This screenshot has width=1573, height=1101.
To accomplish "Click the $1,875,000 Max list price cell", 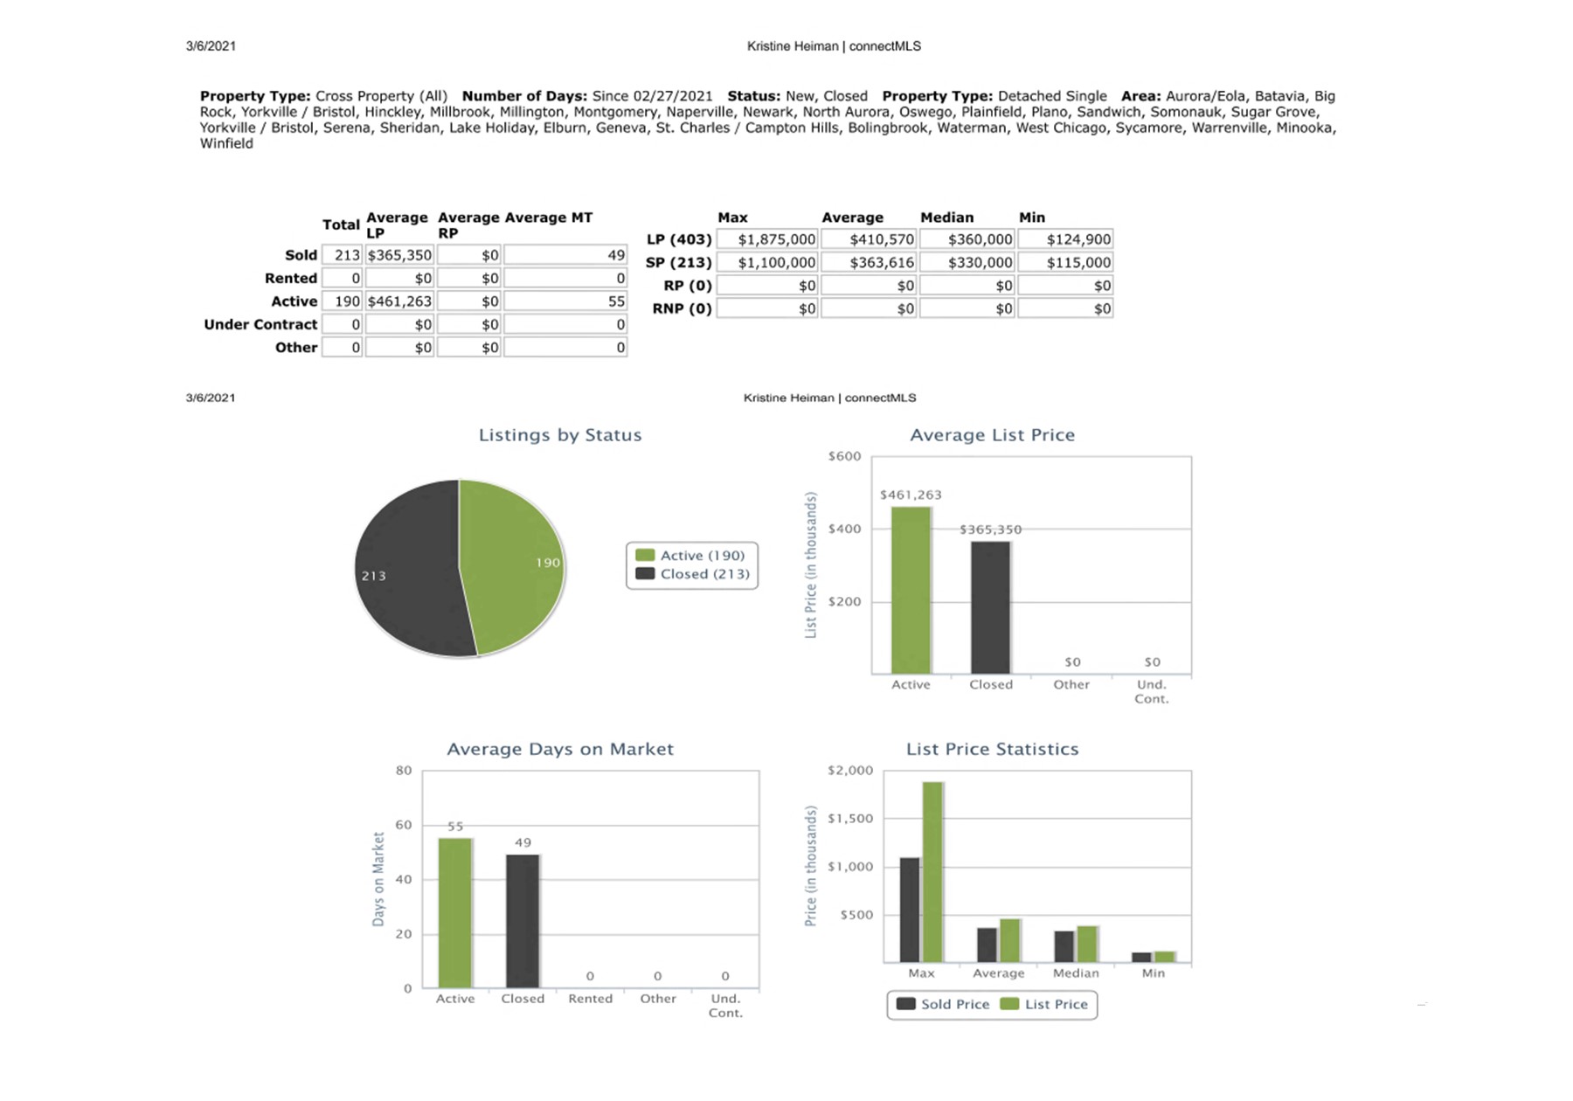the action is click(766, 239).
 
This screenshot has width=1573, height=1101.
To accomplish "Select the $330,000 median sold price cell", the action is click(966, 262).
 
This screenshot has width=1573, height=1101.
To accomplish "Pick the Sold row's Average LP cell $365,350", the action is click(399, 255).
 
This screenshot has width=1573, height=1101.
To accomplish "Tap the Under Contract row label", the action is click(260, 324).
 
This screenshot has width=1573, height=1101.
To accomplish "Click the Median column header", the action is click(946, 218).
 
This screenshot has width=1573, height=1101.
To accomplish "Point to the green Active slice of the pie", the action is click(511, 564).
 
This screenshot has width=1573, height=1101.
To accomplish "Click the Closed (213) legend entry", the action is click(693, 574).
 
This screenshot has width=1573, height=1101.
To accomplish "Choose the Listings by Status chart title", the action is click(560, 435).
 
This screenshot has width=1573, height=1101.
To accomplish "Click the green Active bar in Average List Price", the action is click(911, 590).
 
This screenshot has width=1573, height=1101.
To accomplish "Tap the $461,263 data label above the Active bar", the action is click(911, 495).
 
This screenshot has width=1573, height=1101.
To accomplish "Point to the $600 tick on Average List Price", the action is click(844, 456).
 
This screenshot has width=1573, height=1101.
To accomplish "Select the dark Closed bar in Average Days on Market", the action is click(523, 921).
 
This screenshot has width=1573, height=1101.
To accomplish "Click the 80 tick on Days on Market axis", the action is click(404, 771).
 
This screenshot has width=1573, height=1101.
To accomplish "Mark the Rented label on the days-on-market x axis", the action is click(590, 999).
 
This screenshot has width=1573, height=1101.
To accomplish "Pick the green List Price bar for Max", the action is click(932, 872).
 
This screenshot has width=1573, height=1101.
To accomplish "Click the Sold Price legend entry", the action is click(943, 1005).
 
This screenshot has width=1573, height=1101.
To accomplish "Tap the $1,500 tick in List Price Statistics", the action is click(850, 819).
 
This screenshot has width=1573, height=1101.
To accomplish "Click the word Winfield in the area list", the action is click(226, 143).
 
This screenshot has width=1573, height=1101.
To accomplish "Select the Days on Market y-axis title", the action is click(378, 879).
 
